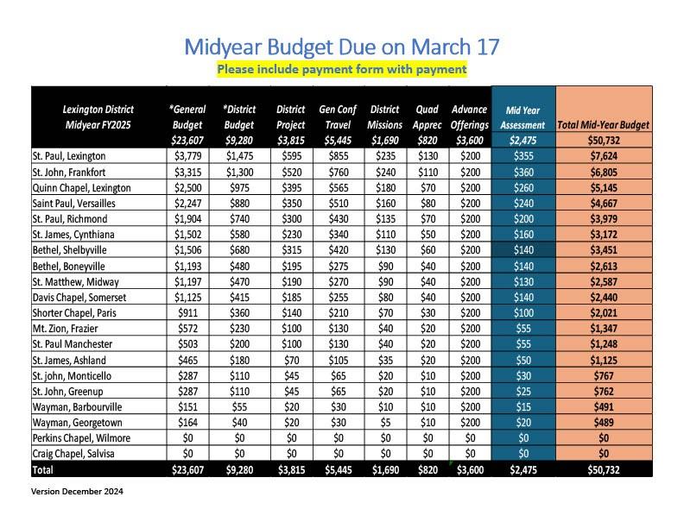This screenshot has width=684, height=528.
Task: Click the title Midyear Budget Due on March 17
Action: coord(342,46)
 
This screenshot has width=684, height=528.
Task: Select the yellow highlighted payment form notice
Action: coord(342,69)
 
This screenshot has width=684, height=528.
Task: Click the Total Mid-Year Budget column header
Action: coord(604,125)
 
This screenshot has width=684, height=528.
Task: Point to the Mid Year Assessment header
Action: coord(522,117)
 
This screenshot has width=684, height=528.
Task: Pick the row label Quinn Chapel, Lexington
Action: coord(81,187)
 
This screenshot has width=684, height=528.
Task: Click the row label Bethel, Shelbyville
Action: coord(77,250)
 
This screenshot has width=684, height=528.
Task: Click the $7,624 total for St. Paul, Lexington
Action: coord(604,156)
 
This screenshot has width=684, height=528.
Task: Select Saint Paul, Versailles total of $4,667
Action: coord(604,203)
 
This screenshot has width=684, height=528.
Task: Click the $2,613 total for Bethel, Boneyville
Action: coord(604,266)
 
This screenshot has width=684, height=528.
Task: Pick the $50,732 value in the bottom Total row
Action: coord(604,469)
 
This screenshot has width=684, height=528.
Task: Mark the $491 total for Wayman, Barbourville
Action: coord(604,406)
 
